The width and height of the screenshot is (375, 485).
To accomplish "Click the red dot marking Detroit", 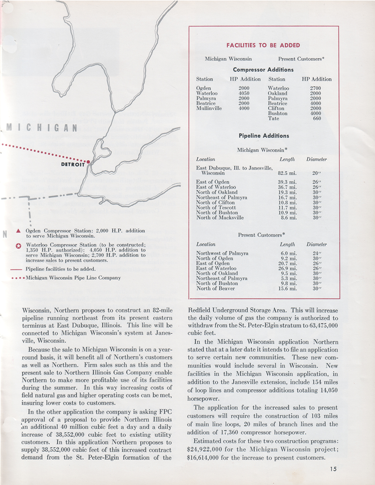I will [x=88, y=162].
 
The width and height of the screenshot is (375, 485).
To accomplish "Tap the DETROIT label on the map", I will [x=73, y=165].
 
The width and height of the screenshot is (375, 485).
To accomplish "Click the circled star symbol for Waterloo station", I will [x=18, y=246].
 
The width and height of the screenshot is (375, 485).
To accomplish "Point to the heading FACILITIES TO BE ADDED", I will [x=263, y=45].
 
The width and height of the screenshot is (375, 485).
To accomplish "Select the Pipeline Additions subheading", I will [x=264, y=136].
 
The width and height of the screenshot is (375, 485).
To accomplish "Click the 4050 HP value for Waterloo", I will [x=244, y=94].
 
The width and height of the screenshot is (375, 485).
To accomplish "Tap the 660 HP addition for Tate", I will [x=317, y=118].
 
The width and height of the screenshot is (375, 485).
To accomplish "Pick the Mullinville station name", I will [x=209, y=109].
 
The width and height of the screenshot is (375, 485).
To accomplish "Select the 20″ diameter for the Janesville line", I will [x=315, y=173].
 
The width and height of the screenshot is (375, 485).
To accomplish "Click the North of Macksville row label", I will [x=220, y=218].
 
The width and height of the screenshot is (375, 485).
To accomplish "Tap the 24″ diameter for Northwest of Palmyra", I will [x=315, y=253].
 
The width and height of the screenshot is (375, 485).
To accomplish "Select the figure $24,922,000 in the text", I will [x=206, y=451].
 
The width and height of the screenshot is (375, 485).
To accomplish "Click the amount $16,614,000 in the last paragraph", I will [x=206, y=458].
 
